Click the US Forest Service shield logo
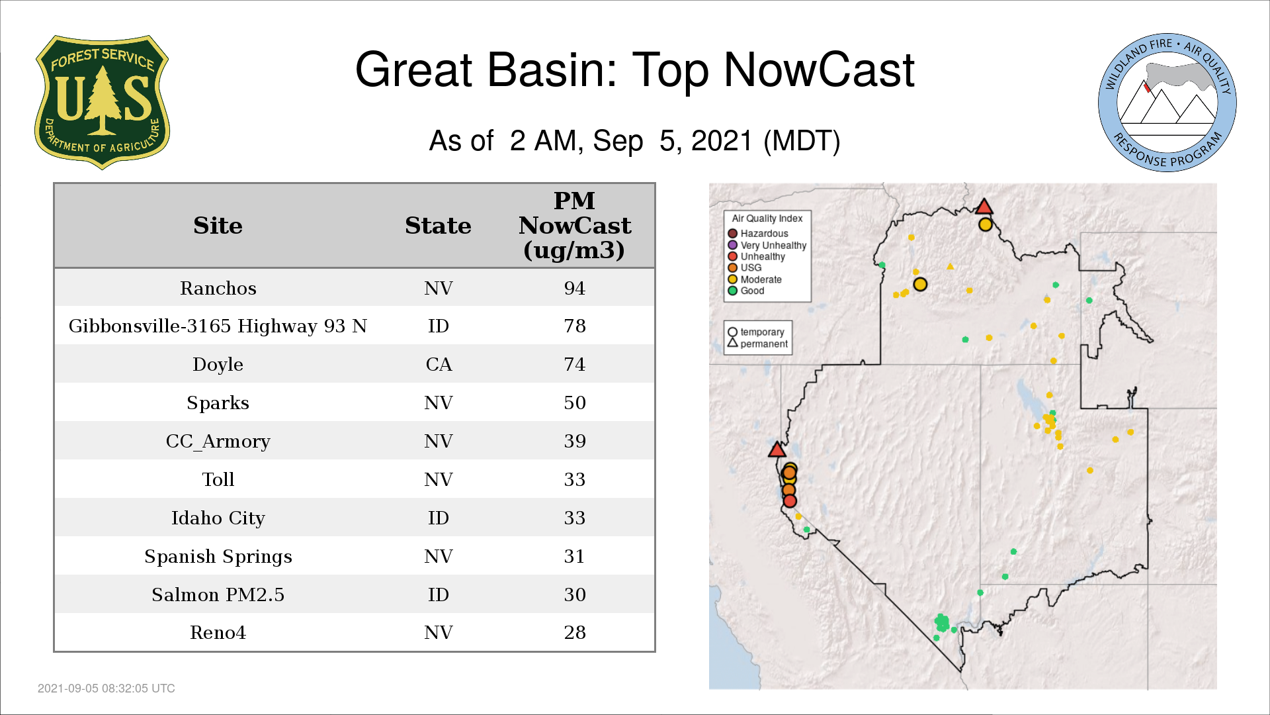coord(102,103)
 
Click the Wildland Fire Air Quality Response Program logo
coord(1167,103)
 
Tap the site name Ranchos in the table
coord(218,288)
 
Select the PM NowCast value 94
coord(574,288)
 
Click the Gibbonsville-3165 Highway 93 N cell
coord(218,326)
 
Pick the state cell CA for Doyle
coord(439,364)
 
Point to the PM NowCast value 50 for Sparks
coord(574,403)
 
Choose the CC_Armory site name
coord(218,441)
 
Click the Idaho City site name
coord(218,518)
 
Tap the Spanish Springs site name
coord(218,556)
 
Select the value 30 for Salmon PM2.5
coord(574,595)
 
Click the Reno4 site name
coord(218,632)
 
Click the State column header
coord(438,225)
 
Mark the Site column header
coord(218,225)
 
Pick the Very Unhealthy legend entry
coord(767,245)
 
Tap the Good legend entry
coord(746,291)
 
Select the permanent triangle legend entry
coord(758,344)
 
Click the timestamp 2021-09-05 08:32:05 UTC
coord(106,689)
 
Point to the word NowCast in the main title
coord(820,70)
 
